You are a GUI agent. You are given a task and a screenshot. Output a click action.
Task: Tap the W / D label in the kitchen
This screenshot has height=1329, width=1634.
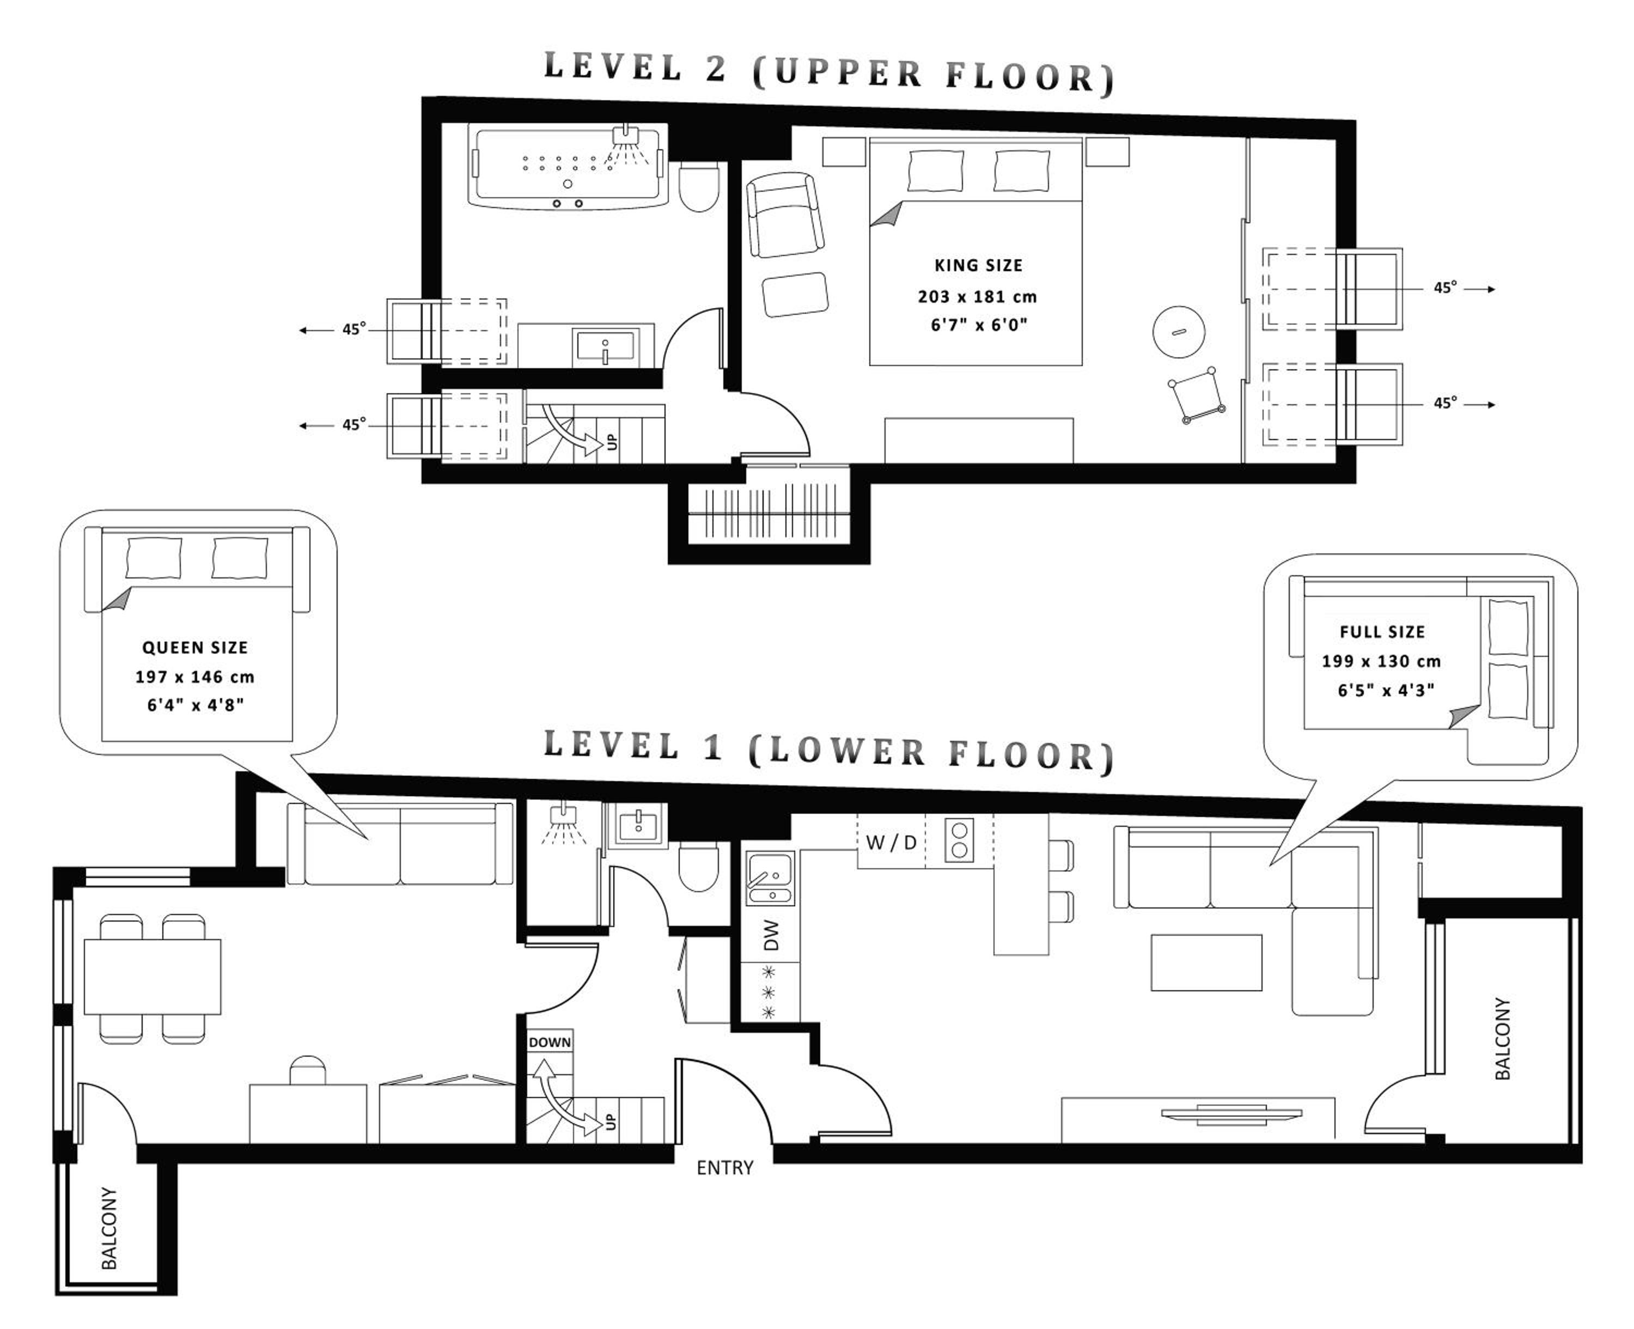coord(891,843)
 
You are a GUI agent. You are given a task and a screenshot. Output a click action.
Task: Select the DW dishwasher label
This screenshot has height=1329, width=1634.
coord(771,936)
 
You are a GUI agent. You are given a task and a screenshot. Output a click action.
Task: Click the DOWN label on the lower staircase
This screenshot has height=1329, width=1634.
coord(550,1042)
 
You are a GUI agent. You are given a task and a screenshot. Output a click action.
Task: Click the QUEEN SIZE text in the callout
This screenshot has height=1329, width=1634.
coord(195,648)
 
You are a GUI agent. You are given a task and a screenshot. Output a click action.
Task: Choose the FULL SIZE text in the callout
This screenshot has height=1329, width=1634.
coord(1382,632)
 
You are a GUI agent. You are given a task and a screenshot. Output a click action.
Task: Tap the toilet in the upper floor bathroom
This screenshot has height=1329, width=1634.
coord(699,186)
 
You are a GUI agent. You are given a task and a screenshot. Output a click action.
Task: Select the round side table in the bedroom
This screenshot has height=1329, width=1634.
coord(1179,332)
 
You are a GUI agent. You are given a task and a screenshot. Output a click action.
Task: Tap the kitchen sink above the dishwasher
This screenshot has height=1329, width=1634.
coord(771,878)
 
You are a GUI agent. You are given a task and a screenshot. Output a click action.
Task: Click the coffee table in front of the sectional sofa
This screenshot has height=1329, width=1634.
coord(1206,962)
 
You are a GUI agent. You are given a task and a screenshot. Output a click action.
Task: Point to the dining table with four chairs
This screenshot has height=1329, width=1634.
coord(153,977)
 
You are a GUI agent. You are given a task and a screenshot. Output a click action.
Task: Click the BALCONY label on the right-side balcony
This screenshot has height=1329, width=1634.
coord(1502,1038)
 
